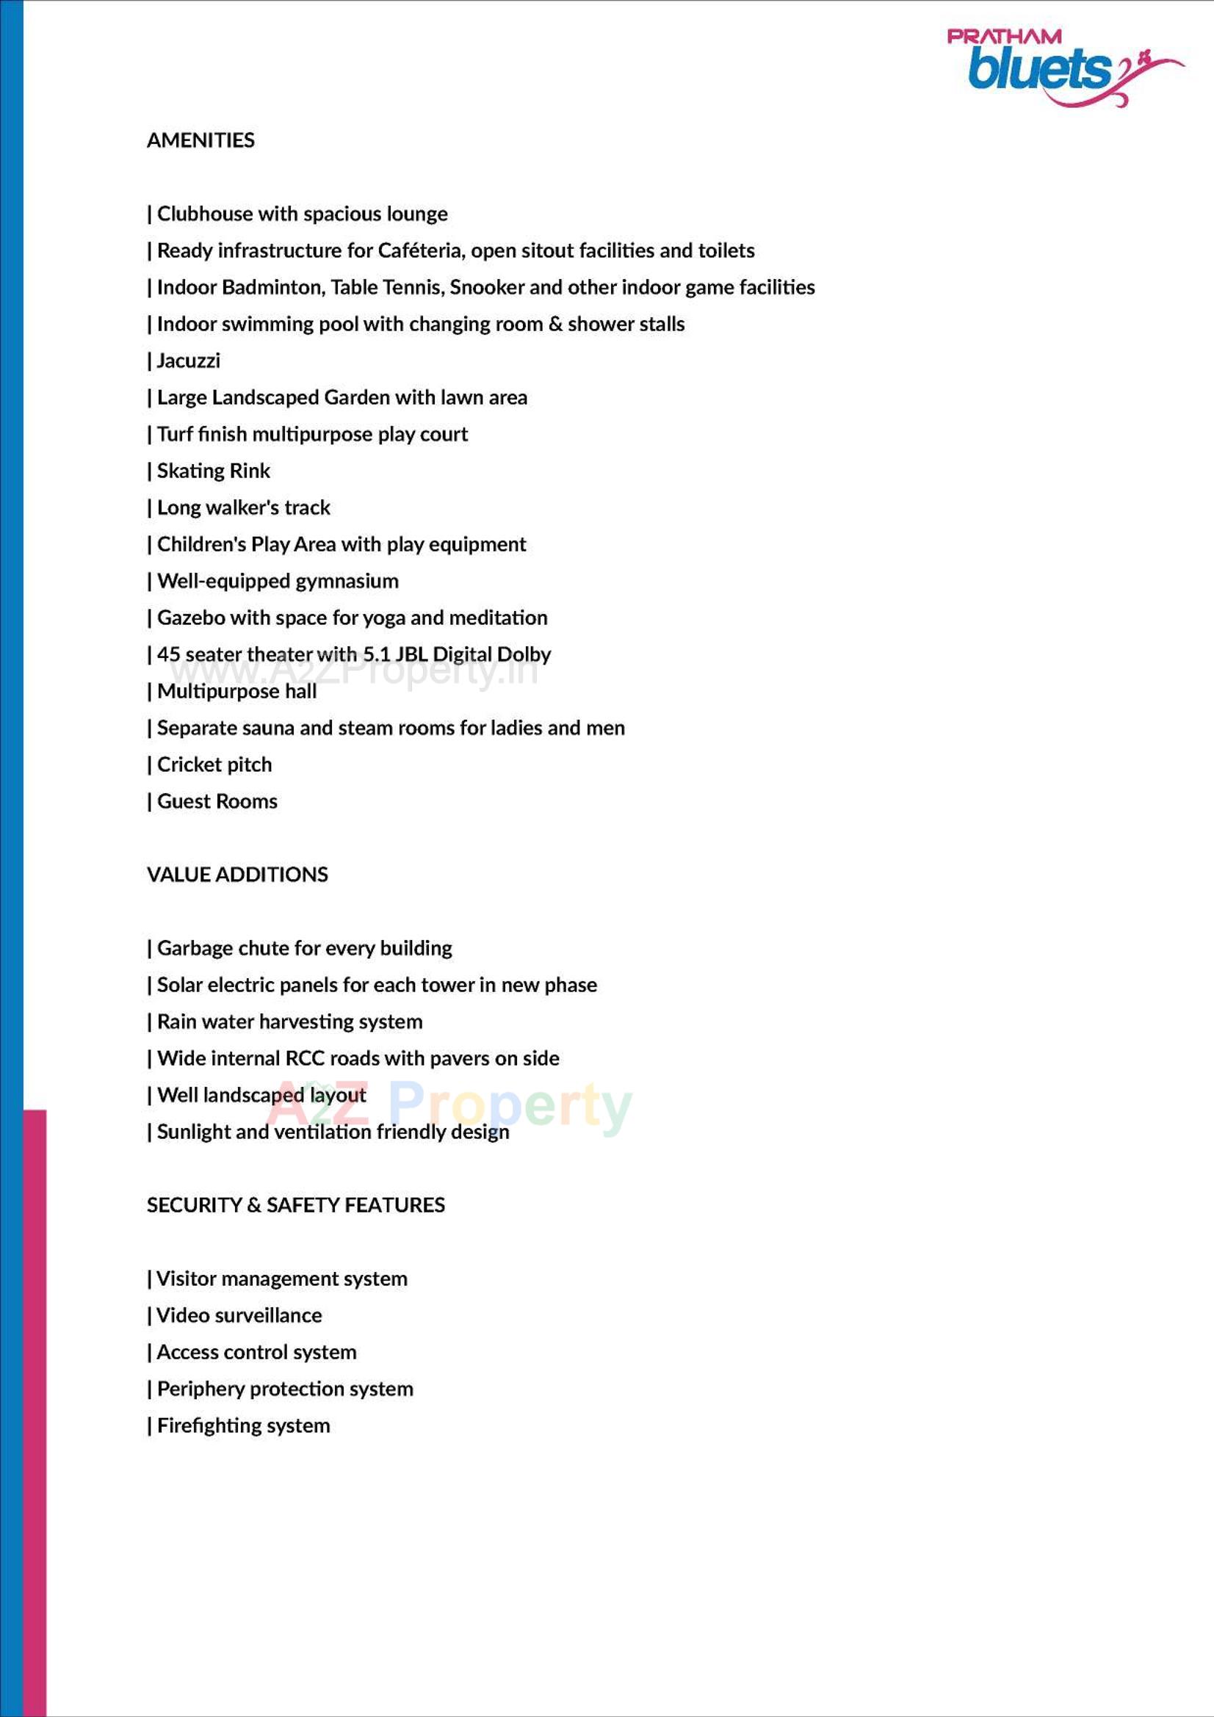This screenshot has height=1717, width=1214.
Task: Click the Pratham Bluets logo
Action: click(x=1062, y=66)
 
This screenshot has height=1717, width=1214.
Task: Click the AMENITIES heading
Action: click(x=200, y=140)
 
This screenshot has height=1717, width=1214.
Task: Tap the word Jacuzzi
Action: click(x=189, y=361)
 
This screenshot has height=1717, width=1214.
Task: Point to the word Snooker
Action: click(x=487, y=288)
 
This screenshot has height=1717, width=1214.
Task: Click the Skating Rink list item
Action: click(x=213, y=471)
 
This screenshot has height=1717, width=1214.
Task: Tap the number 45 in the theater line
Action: click(x=168, y=654)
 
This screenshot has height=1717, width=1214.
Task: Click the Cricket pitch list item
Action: click(x=214, y=765)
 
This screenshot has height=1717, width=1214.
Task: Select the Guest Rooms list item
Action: click(x=217, y=802)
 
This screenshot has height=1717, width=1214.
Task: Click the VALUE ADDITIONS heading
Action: click(x=237, y=875)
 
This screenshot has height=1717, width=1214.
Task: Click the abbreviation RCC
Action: click(x=306, y=1059)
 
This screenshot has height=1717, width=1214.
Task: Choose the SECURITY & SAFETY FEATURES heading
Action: click(x=295, y=1205)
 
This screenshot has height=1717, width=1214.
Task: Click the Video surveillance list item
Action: click(x=239, y=1315)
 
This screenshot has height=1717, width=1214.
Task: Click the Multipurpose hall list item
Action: click(x=236, y=692)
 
